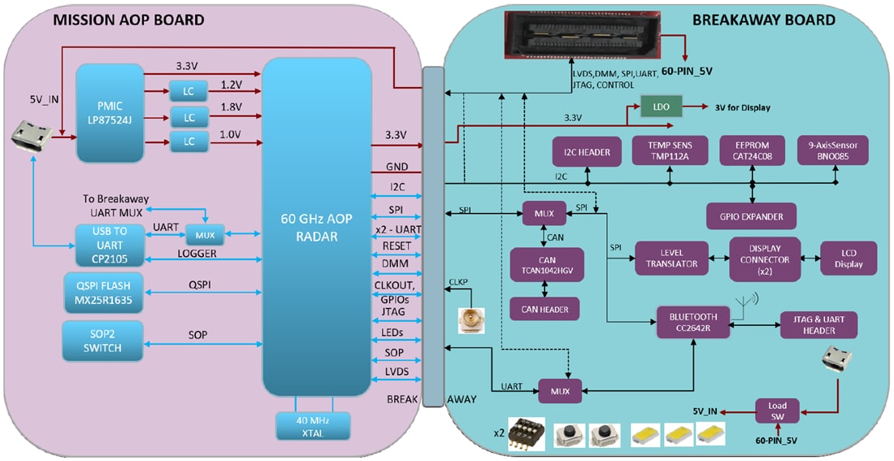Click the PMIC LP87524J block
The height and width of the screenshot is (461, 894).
tap(110, 113)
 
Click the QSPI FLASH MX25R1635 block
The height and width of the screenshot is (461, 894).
tap(102, 293)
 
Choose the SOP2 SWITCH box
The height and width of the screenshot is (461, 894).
tap(102, 341)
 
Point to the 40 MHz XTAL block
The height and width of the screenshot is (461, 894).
tap(313, 425)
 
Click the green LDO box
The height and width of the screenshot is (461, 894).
tap(661, 107)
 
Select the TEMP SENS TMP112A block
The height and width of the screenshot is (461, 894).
tap(669, 151)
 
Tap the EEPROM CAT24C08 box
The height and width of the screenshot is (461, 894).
tap(753, 151)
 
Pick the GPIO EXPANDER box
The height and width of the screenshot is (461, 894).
tap(752, 215)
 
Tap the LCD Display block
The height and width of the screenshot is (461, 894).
tap(848, 258)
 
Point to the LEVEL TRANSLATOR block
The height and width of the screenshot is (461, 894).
tap(671, 258)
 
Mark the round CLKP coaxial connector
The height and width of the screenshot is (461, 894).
tap(471, 322)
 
